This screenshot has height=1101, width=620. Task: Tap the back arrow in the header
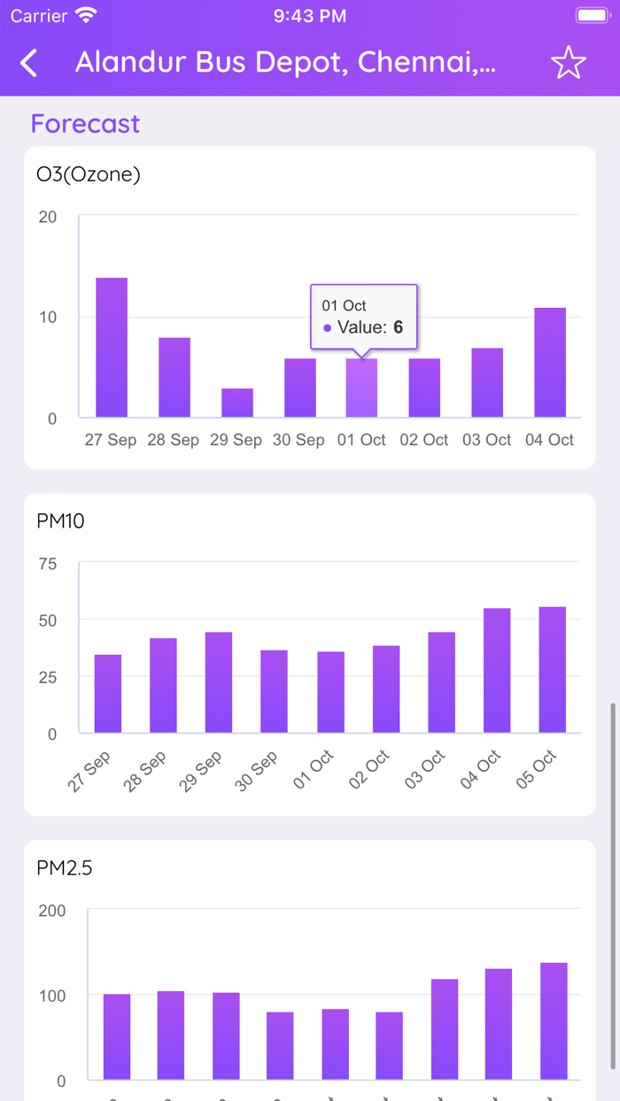pyautogui.click(x=29, y=63)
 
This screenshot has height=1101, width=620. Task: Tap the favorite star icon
pyautogui.click(x=568, y=63)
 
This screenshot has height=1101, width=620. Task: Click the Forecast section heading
pyautogui.click(x=85, y=124)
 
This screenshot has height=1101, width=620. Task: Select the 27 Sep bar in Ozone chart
pyautogui.click(x=112, y=348)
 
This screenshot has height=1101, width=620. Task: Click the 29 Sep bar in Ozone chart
pyautogui.click(x=237, y=403)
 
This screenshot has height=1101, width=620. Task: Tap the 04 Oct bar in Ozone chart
pyautogui.click(x=550, y=363)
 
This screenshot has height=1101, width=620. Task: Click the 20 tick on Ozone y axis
pyautogui.click(x=48, y=218)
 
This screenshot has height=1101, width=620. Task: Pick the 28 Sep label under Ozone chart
pyautogui.click(x=173, y=440)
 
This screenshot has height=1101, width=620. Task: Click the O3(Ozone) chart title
pyautogui.click(x=89, y=174)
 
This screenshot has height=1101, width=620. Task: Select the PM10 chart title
pyautogui.click(x=61, y=521)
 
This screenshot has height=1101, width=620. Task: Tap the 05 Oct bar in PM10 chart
pyautogui.click(x=552, y=670)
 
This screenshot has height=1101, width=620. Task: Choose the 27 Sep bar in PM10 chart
pyautogui.click(x=108, y=694)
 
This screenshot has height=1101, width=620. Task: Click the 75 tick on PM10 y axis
pyautogui.click(x=47, y=564)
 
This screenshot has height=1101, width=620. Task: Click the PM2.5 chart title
pyautogui.click(x=65, y=868)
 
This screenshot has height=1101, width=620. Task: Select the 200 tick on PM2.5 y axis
pyautogui.click(x=52, y=911)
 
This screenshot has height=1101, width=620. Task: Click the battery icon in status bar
pyautogui.click(x=591, y=16)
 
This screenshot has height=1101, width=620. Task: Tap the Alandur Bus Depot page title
pyautogui.click(x=285, y=63)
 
